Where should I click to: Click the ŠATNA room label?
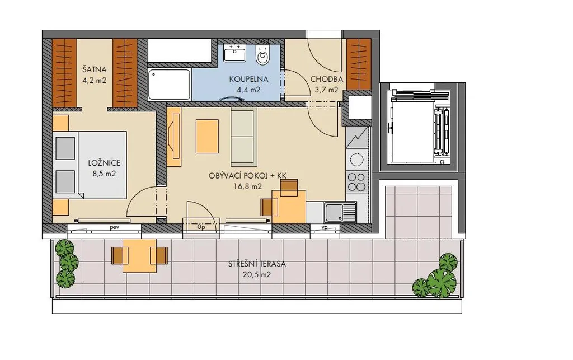pos(94,69)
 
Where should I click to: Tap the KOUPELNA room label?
pos(249,79)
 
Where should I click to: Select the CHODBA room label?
pos(327,79)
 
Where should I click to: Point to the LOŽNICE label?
pos(104,163)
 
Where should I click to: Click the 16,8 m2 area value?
pos(248,186)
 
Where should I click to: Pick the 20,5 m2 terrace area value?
pos(257,275)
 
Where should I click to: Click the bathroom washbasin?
pos(234,53)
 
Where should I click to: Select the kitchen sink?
pos(340,212)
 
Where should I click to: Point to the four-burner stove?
pos(356,182)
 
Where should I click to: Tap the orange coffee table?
pos(207,136)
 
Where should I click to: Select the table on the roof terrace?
pos(139,255)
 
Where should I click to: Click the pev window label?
pos(115,227)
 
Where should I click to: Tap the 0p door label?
pos(201,227)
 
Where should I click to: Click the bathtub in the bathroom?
pos(169,85)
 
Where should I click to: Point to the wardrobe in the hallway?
pos(359,64)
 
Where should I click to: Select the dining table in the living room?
pos(289,207)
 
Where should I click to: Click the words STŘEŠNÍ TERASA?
pos(257,264)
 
